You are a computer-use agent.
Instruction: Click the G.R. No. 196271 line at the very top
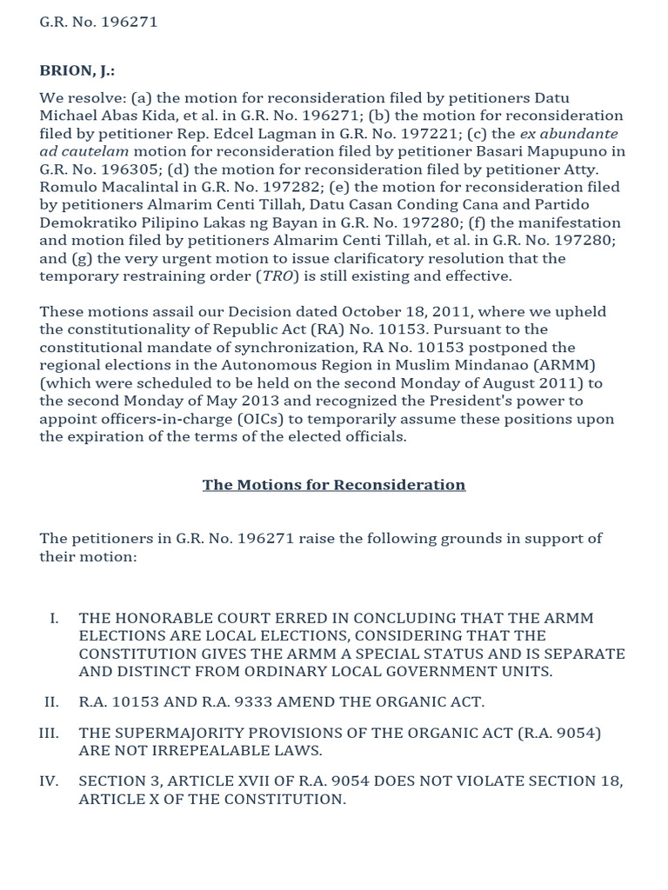[x=98, y=22]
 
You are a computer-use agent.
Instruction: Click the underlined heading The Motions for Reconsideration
[x=334, y=485]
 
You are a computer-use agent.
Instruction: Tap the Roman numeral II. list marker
[x=50, y=701]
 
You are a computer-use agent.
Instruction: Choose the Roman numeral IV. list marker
[x=49, y=780]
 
